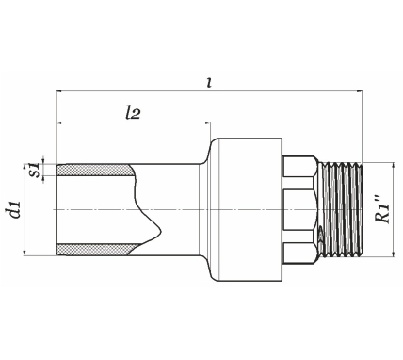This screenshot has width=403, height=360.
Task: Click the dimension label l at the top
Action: [209, 82]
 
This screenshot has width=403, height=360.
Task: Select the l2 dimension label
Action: [132, 113]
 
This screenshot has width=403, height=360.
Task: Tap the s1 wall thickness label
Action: [35, 170]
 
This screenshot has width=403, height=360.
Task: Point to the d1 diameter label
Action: [14, 209]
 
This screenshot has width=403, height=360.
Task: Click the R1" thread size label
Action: [382, 209]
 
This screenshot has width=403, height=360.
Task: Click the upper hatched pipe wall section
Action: [96, 170]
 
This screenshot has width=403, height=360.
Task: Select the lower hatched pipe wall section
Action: [96, 249]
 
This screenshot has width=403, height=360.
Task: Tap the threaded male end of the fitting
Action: [341, 209]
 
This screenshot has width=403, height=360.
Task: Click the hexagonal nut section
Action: [298, 209]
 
